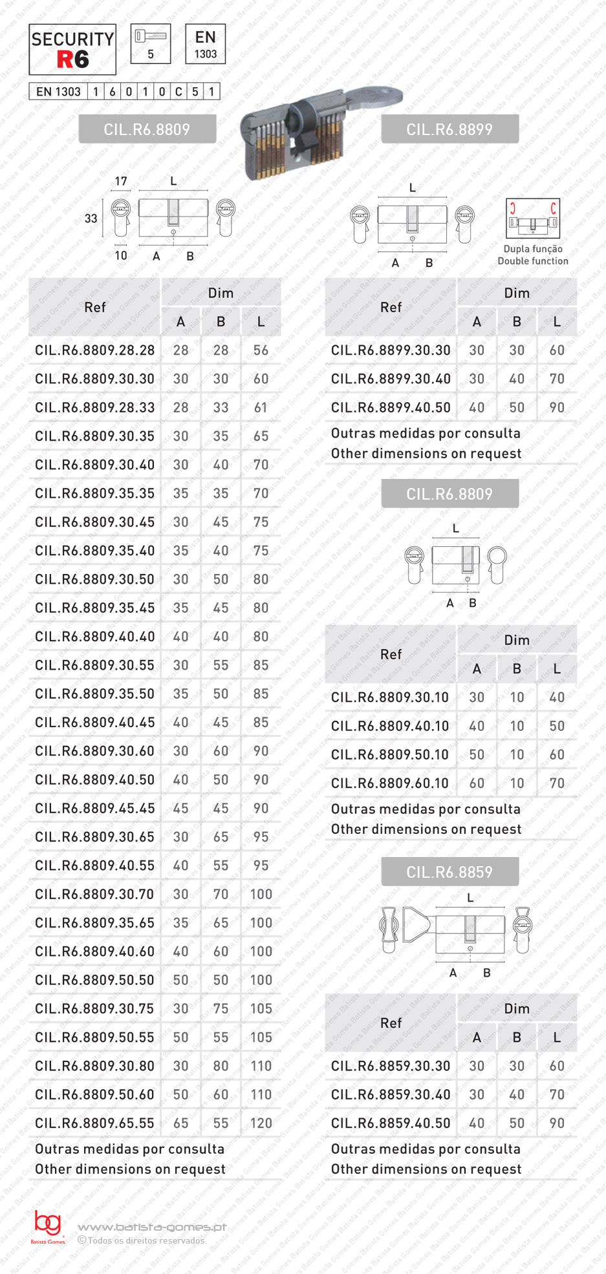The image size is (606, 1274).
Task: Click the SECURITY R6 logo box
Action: coord(72,50)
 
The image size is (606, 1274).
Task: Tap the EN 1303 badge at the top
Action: coord(205,44)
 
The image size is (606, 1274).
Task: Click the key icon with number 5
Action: coord(151,44)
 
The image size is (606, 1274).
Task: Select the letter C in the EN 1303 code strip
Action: coord(179,92)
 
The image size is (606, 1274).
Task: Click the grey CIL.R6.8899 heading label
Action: coord(449,129)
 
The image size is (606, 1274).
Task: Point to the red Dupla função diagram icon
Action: coord(532,218)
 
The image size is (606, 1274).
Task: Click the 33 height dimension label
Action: coord(91,218)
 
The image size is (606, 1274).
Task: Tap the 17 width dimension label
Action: coord(121,182)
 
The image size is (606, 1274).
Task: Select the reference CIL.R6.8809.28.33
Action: coord(95,408)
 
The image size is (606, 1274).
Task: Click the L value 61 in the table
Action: coord(261,408)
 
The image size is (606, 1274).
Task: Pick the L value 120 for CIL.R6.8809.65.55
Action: coord(261,1123)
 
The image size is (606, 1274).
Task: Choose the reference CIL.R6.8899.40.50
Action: coord(391,408)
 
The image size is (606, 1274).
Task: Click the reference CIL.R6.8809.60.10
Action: coord(390,783)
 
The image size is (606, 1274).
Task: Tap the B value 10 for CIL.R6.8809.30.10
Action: coord(517,697)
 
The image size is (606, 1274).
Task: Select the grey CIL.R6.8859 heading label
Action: coord(449,872)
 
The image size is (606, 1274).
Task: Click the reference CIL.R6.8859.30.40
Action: coord(391,1095)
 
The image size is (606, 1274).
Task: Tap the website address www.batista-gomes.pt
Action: coord(152,1227)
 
